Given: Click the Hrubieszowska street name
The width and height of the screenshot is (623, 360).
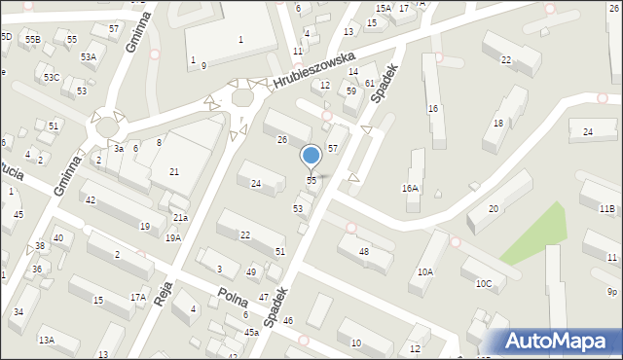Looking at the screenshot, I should pyautogui.click(x=312, y=69).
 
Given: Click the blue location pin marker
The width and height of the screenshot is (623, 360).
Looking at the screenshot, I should pyautogui.click(x=311, y=156).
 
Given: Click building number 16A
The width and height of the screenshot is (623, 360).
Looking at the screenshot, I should pyautogui.click(x=410, y=189).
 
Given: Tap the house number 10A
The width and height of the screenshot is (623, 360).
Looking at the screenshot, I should pyautogui.click(x=425, y=272).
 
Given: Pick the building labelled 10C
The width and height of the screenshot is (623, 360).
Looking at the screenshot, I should pyautogui.click(x=484, y=283).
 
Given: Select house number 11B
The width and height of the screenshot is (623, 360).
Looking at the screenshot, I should pyautogui.click(x=607, y=208).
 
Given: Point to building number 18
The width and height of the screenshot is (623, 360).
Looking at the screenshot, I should pyautogui.click(x=498, y=123).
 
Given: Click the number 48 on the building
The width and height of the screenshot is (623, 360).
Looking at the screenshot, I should pyautogui.click(x=364, y=252).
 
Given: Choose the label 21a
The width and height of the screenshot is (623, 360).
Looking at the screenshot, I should pyautogui.click(x=180, y=218).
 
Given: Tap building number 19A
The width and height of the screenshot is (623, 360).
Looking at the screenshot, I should pyautogui.click(x=172, y=237).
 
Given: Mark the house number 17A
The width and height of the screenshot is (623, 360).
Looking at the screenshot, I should pyautogui.click(x=138, y=298).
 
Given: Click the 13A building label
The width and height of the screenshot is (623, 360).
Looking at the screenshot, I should pyautogui.click(x=46, y=340).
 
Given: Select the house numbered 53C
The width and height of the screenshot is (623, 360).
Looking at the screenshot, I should pyautogui.click(x=52, y=77).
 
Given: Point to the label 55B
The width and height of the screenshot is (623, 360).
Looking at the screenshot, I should pyautogui.click(x=33, y=39).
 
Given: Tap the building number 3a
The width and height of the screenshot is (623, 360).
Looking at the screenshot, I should pyautogui.click(x=117, y=148).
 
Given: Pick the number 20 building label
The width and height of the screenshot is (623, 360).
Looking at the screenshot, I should pyautogui.click(x=494, y=209).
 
